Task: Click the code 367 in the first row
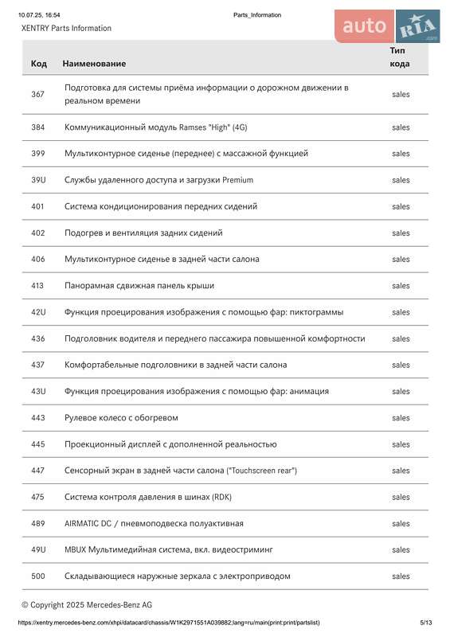coord(37,94)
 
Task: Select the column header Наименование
coord(94,63)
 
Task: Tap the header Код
coord(38,63)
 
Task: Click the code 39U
coord(38,180)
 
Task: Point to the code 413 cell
coord(37,285)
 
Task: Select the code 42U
coord(38,312)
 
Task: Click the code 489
coord(37,523)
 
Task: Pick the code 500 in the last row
coord(37,576)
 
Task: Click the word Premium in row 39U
coord(237,180)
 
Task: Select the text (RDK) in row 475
coord(221,497)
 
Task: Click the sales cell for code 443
coord(401,418)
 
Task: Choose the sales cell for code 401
coord(401,206)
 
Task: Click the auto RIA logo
coord(387,26)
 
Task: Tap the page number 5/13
coord(426,623)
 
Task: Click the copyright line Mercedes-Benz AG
coord(87,605)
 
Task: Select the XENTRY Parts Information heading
coord(66,28)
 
